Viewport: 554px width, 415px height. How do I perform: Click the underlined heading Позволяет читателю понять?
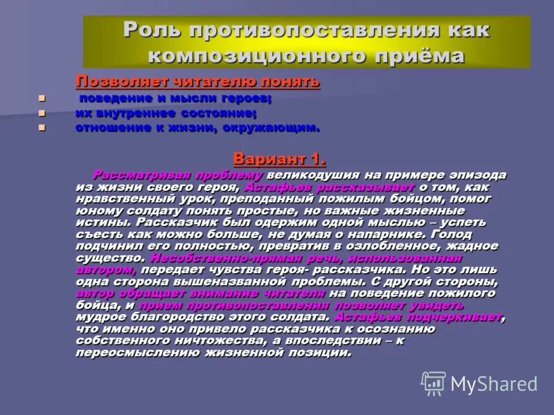(x=197, y=82)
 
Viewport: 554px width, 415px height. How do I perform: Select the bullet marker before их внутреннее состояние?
(x=42, y=113)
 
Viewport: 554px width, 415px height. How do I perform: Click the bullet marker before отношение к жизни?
(x=42, y=128)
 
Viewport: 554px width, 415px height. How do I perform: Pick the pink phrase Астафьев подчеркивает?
(x=418, y=317)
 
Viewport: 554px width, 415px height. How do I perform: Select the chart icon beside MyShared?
(x=434, y=382)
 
